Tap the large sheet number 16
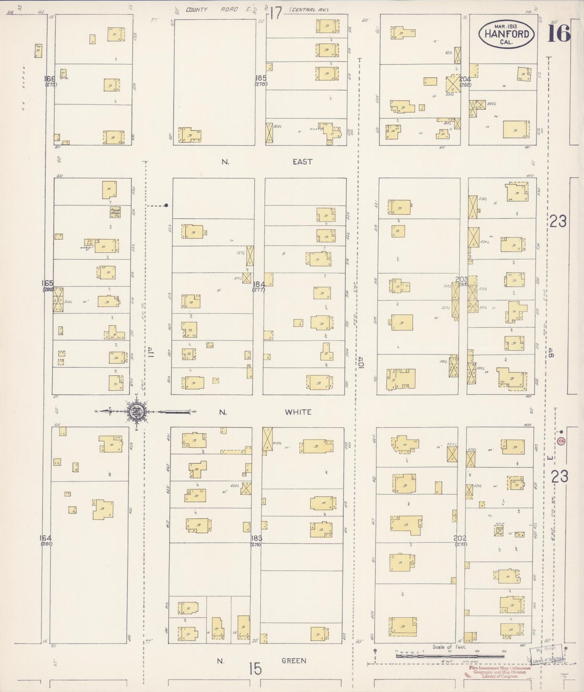559,33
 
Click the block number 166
50,78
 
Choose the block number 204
465,79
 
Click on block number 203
462,279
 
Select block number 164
46,538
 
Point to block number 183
256,538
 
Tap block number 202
460,538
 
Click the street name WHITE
298,412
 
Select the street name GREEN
294,661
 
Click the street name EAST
302,161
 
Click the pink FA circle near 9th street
561,442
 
